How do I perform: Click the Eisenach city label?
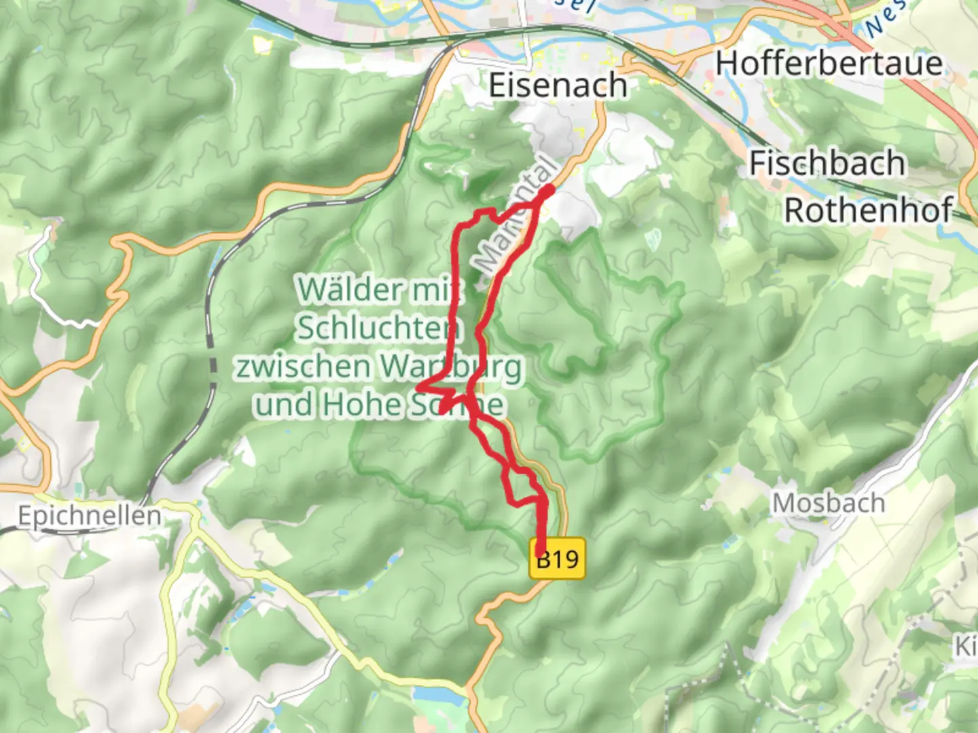tap(558, 86)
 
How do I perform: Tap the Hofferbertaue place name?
tap(829, 64)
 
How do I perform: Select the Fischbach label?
tap(827, 164)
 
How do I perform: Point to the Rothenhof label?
tap(869, 210)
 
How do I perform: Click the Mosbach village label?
tap(829, 504)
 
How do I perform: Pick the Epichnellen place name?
tap(90, 516)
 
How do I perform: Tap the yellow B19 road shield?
tap(558, 560)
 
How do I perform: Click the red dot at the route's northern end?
tap(547, 191)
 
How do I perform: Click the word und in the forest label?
tap(284, 405)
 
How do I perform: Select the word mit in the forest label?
tap(437, 290)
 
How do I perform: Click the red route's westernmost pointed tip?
tap(417, 388)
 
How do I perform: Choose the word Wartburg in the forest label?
tap(451, 367)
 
